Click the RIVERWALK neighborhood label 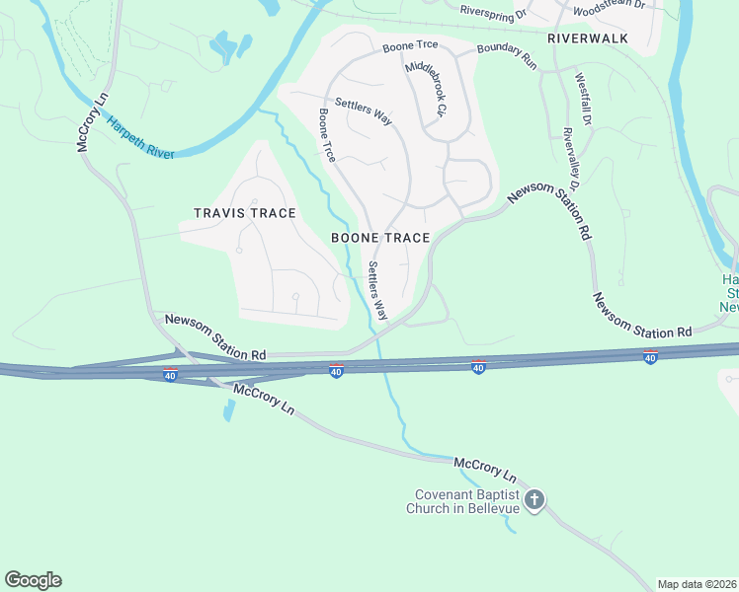click(x=587, y=38)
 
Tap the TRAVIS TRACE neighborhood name click(x=245, y=213)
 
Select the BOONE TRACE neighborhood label click(x=380, y=238)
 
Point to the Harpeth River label click(x=140, y=136)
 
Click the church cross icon click(x=534, y=500)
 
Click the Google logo click(x=33, y=580)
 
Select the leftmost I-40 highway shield click(x=170, y=376)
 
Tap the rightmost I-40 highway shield click(x=649, y=357)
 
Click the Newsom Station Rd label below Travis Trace click(x=215, y=336)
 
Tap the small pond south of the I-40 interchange click(x=229, y=409)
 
